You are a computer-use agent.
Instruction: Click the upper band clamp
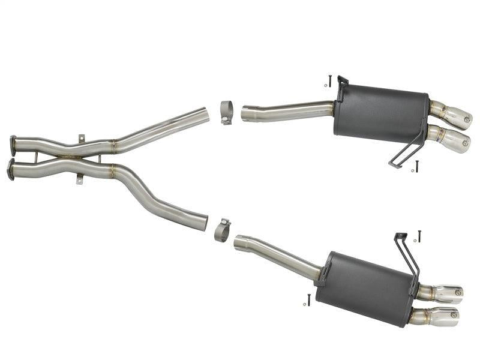(227, 112)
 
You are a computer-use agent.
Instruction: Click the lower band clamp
(222, 230)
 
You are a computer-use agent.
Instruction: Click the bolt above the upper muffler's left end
(330, 80)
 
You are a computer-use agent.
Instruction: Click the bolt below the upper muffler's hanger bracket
(416, 166)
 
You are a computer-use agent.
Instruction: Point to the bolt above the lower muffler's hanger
(419, 236)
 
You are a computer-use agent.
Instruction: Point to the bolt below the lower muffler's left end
(308, 299)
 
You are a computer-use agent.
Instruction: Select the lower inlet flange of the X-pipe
(10, 169)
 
